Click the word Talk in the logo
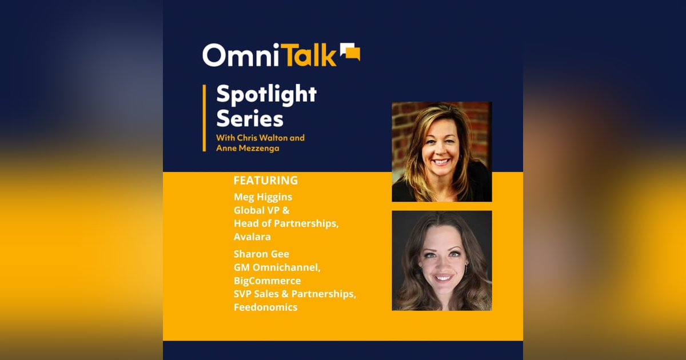[x=307, y=55]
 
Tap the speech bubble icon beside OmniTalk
[x=350, y=52]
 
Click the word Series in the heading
[x=250, y=119]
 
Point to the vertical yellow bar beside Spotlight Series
[x=204, y=118]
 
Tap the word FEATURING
[x=265, y=181]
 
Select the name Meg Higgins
[x=263, y=197]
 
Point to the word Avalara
[x=253, y=236]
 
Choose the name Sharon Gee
[x=261, y=254]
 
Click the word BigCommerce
[x=267, y=281]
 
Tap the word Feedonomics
[x=265, y=307]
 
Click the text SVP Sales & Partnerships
[x=294, y=294]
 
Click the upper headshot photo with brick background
[x=441, y=151]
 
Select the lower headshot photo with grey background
[x=441, y=261]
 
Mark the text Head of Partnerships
[x=286, y=223]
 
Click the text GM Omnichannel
[x=274, y=267]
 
